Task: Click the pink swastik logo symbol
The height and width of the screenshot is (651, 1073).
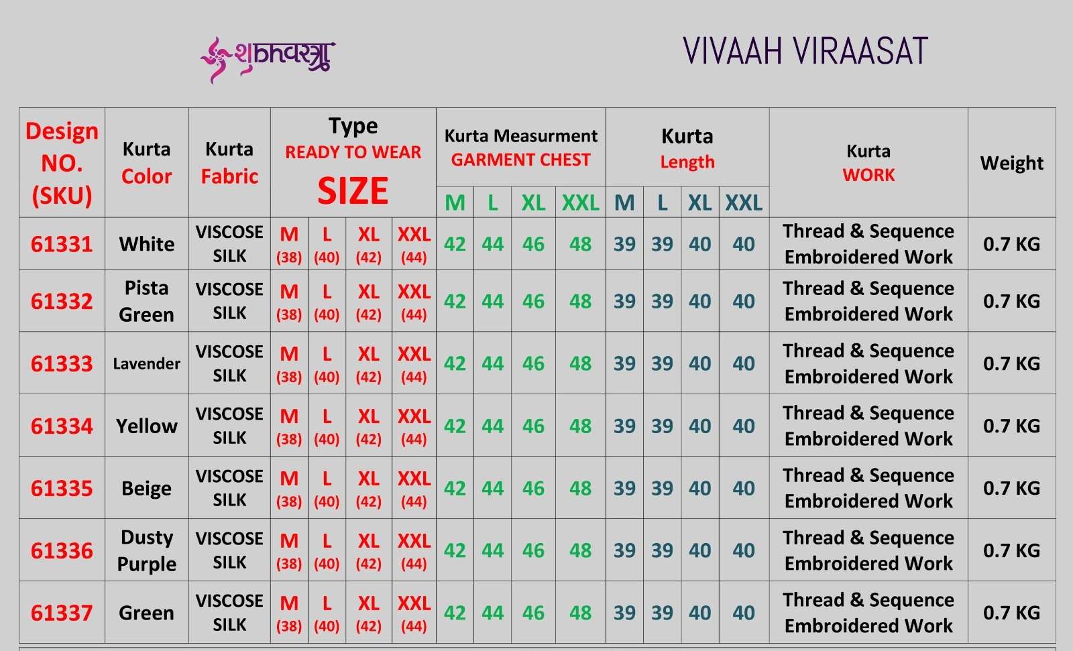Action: click(x=213, y=60)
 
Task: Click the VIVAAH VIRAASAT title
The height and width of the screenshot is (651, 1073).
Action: click(x=805, y=51)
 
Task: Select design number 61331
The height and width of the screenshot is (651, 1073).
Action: click(x=62, y=244)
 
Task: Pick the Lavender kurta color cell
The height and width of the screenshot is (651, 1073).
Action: click(x=147, y=363)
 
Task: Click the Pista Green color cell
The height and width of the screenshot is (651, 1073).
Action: click(x=147, y=301)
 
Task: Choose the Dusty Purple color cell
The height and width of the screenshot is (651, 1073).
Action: click(x=147, y=550)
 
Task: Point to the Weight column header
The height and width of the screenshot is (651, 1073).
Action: click(x=1012, y=163)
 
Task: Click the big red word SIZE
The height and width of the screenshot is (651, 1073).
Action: click(x=353, y=190)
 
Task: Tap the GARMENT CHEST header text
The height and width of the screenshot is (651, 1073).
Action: click(x=520, y=160)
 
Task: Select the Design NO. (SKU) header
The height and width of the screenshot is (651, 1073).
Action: click(x=62, y=163)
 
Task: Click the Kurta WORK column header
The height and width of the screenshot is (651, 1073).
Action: click(x=868, y=163)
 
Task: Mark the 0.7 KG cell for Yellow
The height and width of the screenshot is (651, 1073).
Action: click(x=1012, y=426)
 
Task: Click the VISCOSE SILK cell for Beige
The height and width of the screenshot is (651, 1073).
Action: click(x=229, y=488)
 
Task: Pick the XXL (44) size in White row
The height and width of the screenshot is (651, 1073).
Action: click(x=414, y=244)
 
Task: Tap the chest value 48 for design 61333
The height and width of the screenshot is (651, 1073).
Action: click(x=581, y=363)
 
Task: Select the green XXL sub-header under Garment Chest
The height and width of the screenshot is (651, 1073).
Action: click(x=581, y=202)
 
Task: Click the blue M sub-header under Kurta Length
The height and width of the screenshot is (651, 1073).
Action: click(x=624, y=202)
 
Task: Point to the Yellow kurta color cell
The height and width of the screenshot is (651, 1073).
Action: click(x=147, y=426)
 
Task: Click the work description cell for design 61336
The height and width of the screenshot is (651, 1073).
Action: click(x=868, y=550)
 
